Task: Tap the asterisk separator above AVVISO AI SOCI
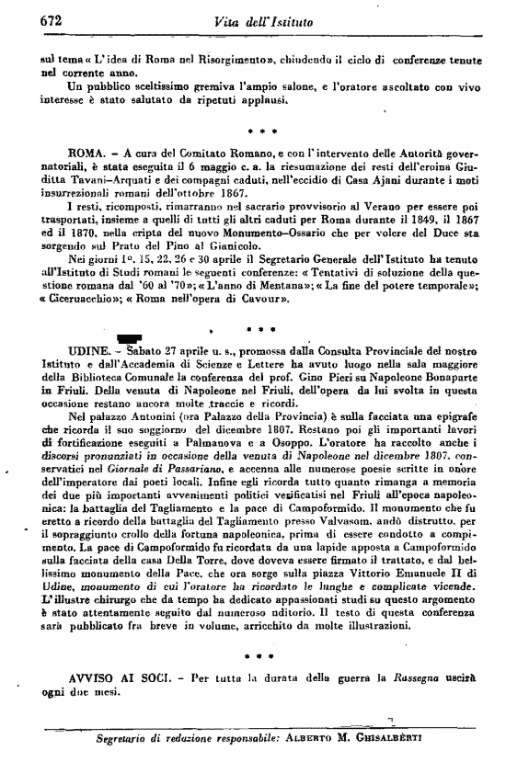click(x=262, y=656)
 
